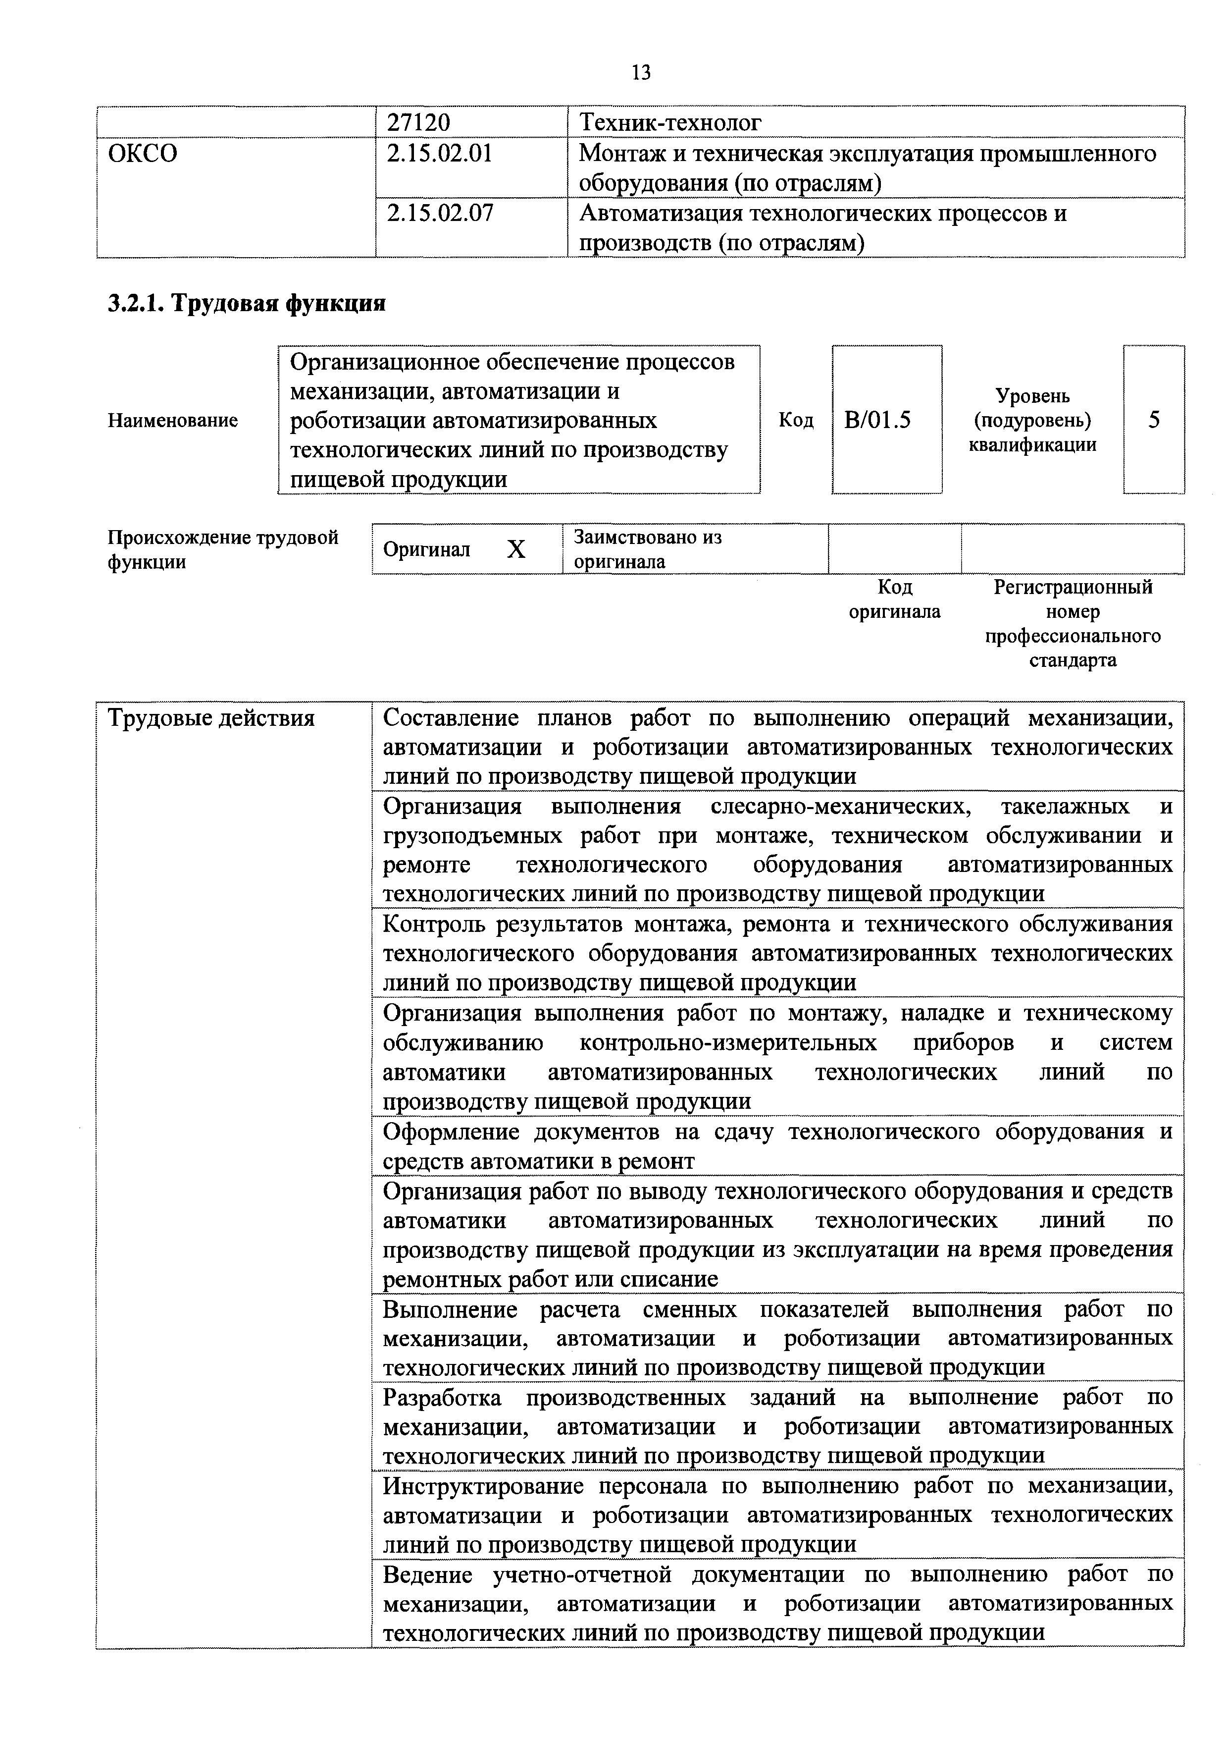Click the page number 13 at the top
(640, 73)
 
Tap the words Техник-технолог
(669, 122)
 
